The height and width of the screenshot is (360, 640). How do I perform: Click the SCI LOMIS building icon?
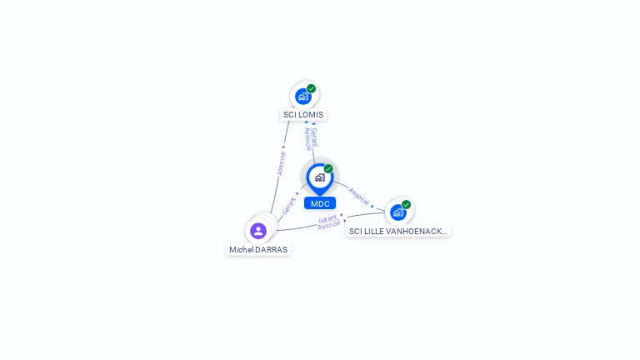pyautogui.click(x=303, y=97)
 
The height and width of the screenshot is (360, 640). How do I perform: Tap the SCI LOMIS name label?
pyautogui.click(x=303, y=115)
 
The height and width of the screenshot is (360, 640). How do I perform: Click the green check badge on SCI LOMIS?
pyautogui.click(x=312, y=88)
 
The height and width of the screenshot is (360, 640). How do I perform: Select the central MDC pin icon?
pyautogui.click(x=319, y=177)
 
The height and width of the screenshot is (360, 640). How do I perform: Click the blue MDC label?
pyautogui.click(x=320, y=203)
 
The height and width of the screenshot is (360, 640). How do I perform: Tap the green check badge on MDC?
pyautogui.click(x=328, y=168)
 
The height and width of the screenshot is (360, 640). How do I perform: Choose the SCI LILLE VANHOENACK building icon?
pyautogui.click(x=398, y=212)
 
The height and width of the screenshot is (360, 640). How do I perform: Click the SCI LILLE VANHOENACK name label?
pyautogui.click(x=398, y=232)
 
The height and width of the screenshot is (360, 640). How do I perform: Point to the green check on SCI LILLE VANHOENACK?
pyautogui.click(x=407, y=204)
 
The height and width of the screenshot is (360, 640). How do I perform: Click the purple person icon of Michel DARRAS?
pyautogui.click(x=258, y=231)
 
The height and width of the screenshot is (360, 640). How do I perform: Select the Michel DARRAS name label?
pyautogui.click(x=258, y=249)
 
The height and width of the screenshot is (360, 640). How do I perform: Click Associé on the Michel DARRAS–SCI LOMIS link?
pyautogui.click(x=282, y=162)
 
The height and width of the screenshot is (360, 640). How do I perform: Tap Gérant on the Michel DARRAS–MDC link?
pyautogui.click(x=289, y=205)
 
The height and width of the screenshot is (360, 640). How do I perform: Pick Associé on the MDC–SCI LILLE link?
pyautogui.click(x=359, y=196)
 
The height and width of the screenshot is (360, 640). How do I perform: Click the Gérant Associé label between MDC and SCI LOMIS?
pyautogui.click(x=310, y=138)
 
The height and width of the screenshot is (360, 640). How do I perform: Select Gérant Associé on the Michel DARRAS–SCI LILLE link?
pyautogui.click(x=329, y=222)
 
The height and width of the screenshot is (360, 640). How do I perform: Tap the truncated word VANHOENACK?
pyautogui.click(x=420, y=232)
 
